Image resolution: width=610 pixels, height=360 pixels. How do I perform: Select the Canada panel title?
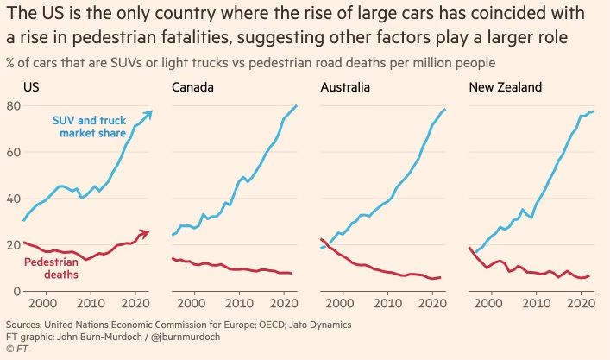(x=193, y=87)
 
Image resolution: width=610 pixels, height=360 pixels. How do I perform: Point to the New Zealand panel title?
(x=504, y=87)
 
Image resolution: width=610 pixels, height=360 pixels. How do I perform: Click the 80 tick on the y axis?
(x=13, y=105)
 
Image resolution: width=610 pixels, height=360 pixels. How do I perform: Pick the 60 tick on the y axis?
(x=13, y=152)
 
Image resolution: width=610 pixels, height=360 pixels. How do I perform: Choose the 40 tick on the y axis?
(x=13, y=199)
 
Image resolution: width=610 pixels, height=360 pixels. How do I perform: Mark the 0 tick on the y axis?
(x=16, y=292)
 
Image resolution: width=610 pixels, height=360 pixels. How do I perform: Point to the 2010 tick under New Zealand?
(x=537, y=305)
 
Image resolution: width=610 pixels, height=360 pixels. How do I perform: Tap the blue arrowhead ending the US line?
(x=149, y=113)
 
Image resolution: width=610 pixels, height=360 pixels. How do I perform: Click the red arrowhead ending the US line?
(x=146, y=233)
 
